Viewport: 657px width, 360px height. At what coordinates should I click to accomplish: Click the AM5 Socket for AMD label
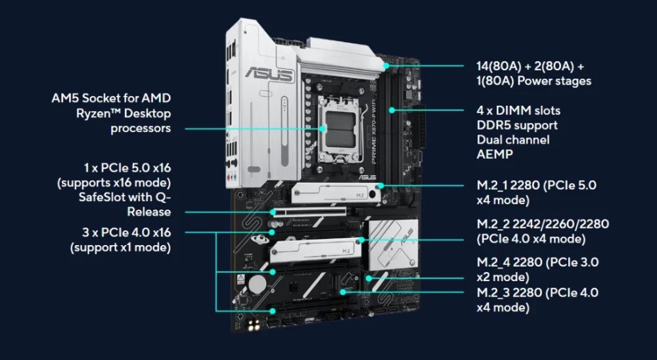pyautogui.click(x=111, y=99)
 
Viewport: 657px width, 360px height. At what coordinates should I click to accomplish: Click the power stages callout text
pyautogui.click(x=533, y=74)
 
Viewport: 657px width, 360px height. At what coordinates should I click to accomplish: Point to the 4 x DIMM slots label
pyautogui.click(x=518, y=110)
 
